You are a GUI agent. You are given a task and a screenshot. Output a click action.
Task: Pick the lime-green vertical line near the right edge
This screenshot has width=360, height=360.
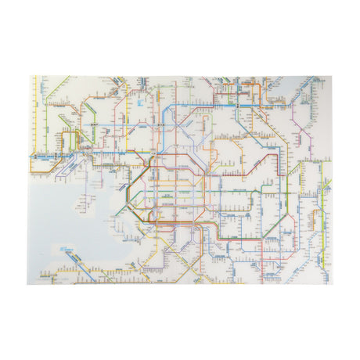320,211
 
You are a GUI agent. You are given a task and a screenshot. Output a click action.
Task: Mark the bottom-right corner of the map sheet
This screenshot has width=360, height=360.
331,283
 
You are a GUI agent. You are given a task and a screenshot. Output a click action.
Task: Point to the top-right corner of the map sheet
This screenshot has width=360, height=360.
331,76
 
